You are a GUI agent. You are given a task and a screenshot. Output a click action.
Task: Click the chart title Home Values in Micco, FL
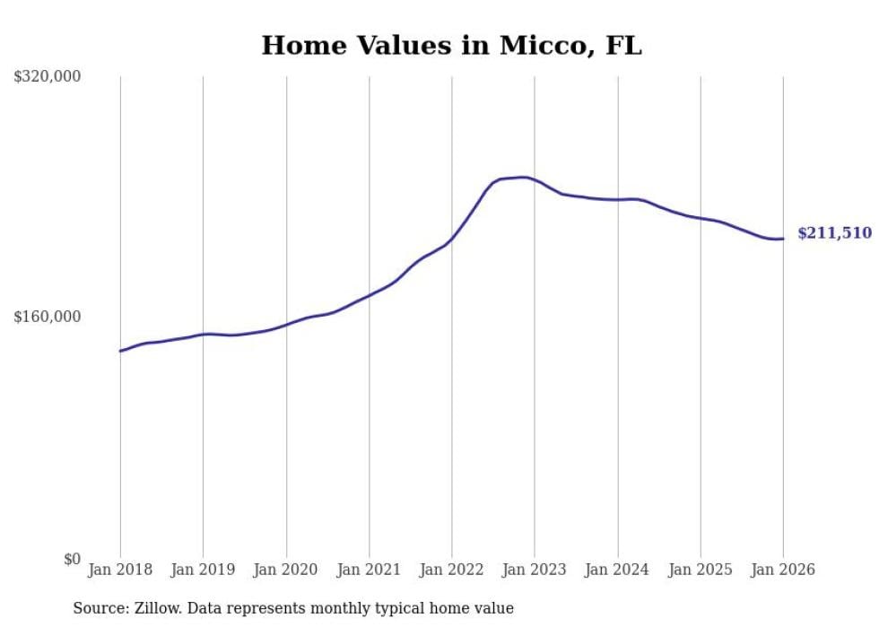[451, 46]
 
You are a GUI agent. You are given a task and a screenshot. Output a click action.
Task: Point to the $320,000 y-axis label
[47, 76]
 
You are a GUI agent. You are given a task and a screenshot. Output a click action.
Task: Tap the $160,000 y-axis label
[47, 317]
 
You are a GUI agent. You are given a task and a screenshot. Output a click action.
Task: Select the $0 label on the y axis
[71, 559]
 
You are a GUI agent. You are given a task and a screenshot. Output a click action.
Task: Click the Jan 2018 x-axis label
[120, 570]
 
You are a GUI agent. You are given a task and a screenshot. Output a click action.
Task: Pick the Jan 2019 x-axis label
[203, 570]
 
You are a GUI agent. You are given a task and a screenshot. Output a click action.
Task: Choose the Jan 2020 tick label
[286, 570]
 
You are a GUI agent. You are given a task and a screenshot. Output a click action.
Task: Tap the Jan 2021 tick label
[369, 570]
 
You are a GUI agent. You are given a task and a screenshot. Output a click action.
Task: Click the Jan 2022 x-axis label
[452, 570]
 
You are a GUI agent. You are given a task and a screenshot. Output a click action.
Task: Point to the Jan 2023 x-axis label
[535, 570]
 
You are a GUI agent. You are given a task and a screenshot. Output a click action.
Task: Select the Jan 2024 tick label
[617, 570]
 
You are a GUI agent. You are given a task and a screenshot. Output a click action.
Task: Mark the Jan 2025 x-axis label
[701, 570]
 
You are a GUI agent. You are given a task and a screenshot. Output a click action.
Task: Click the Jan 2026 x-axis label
[783, 570]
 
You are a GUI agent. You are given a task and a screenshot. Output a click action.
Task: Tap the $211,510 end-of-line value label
[834, 234]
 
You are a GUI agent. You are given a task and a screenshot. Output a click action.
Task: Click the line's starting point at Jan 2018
[120, 351]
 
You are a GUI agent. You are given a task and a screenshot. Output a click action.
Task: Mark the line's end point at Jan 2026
[783, 239]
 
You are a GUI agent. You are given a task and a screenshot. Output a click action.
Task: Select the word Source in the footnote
[98, 608]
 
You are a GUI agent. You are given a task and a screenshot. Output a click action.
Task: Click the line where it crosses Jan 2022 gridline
[452, 239]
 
